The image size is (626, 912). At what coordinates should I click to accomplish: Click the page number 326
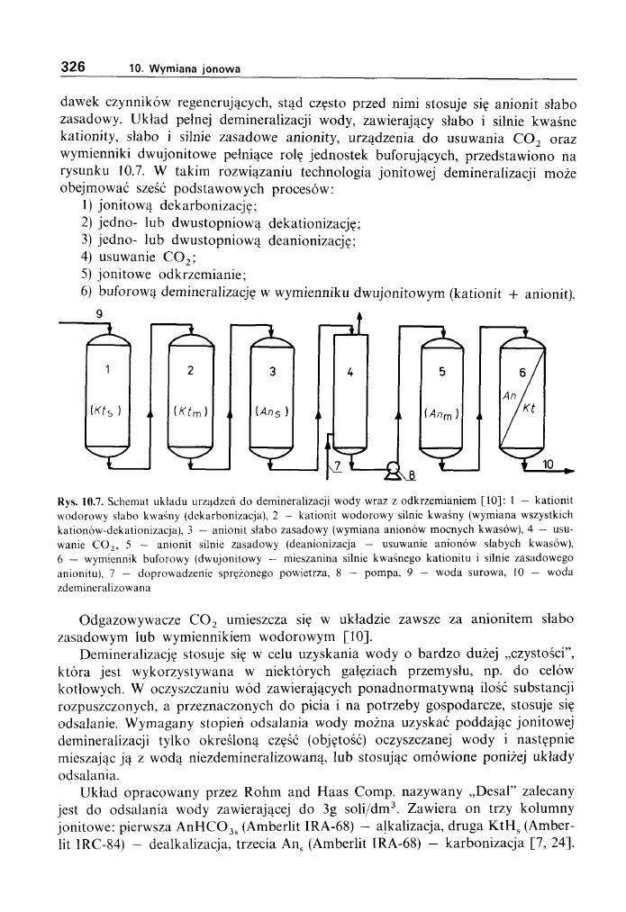(x=72, y=67)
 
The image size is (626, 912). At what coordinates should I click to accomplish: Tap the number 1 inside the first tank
(x=107, y=369)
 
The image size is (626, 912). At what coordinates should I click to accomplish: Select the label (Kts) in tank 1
(x=107, y=411)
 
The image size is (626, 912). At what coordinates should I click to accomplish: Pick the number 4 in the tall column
(x=349, y=371)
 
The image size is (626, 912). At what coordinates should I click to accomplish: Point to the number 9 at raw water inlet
(x=100, y=314)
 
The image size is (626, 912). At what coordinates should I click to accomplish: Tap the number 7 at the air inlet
(x=338, y=465)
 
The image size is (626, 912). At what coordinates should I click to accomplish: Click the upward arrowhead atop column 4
(x=358, y=316)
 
